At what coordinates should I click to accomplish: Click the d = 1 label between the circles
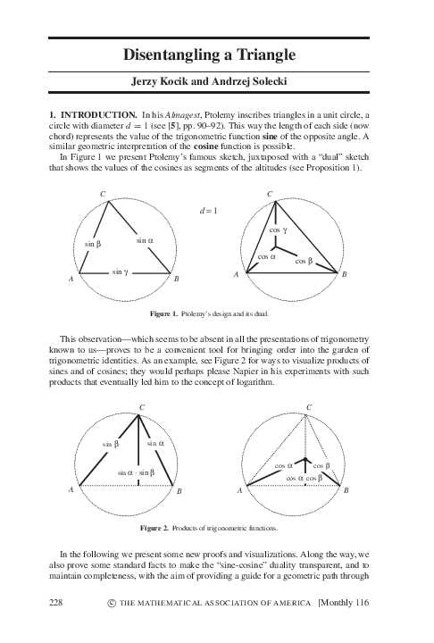(x=209, y=211)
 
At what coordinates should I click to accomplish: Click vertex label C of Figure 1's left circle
(x=103, y=194)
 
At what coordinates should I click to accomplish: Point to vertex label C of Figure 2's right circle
(x=309, y=407)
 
